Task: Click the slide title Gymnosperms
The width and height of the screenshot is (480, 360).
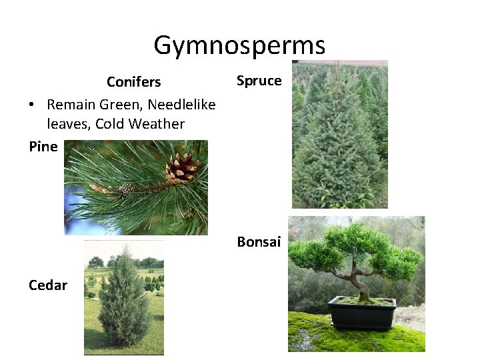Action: click(x=239, y=45)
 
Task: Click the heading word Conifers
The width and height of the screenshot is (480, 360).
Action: click(x=133, y=82)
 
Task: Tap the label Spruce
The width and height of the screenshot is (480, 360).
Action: click(x=259, y=81)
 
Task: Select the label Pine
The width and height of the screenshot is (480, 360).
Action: click(x=43, y=147)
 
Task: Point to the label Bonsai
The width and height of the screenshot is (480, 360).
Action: click(x=259, y=242)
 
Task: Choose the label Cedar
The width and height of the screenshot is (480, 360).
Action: click(x=47, y=285)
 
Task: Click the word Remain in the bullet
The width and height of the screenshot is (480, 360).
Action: click(x=71, y=105)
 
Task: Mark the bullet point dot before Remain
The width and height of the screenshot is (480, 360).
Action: click(x=31, y=105)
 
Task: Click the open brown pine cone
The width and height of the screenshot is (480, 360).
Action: click(x=181, y=168)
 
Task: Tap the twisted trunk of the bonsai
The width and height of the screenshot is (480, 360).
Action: click(x=360, y=280)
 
